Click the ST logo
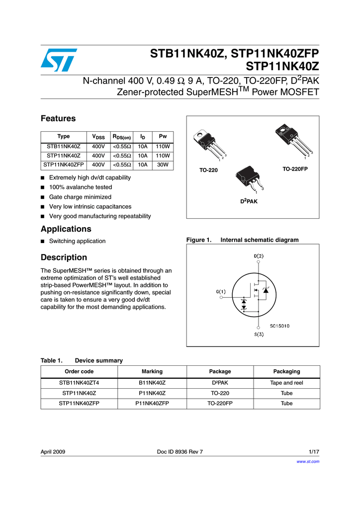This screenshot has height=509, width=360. click(59, 60)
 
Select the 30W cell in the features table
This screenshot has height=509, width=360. click(163, 165)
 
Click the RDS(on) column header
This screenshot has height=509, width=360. click(121, 137)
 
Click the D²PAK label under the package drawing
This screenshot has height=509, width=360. click(250, 202)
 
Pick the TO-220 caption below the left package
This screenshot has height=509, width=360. click(208, 170)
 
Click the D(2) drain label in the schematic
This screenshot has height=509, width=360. click(259, 256)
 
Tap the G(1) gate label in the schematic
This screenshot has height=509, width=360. click(221, 291)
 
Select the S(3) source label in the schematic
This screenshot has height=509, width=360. click(259, 335)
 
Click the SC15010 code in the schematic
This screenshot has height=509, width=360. click(280, 326)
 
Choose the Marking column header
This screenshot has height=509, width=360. click(152, 371)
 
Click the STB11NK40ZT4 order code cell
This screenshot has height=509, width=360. click(79, 383)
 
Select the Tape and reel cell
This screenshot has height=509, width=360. click(286, 383)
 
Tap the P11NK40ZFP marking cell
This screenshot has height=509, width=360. click(152, 403)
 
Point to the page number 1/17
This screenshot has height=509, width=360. click(314, 452)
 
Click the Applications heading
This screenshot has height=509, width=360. click(66, 229)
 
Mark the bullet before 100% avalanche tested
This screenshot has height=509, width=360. click(43, 187)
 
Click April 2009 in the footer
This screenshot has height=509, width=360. click(53, 452)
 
